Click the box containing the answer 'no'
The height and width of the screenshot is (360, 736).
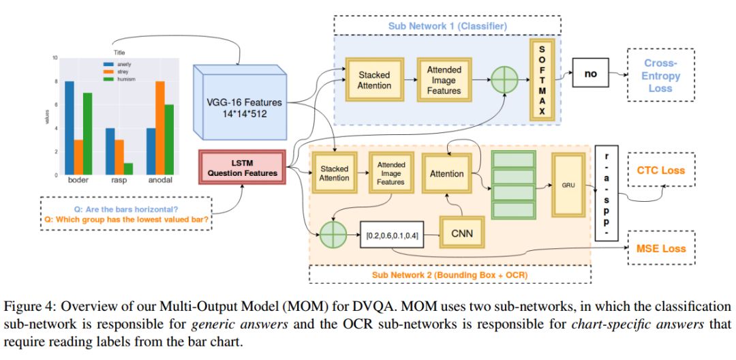[590, 74]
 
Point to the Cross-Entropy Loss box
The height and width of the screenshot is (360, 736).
[660, 74]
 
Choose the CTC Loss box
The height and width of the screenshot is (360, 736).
[660, 170]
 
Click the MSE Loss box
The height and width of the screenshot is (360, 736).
[660, 247]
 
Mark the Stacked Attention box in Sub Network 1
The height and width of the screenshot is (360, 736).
[374, 80]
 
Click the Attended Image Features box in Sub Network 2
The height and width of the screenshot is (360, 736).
[390, 174]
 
